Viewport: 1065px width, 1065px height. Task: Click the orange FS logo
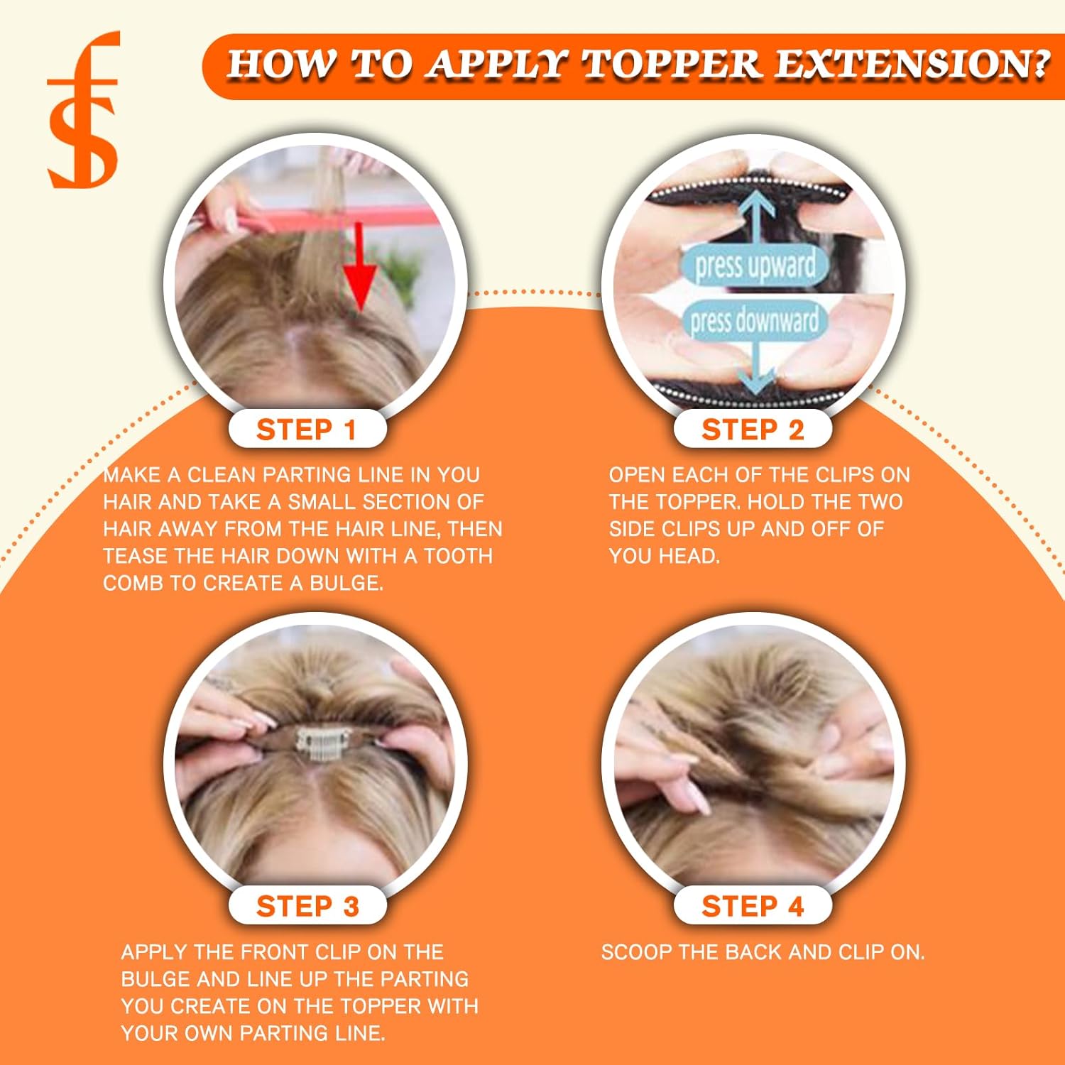point(83,110)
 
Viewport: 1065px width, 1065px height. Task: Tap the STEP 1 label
point(307,430)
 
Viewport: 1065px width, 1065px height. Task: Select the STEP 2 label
point(753,430)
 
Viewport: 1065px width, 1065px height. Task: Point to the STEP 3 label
point(307,907)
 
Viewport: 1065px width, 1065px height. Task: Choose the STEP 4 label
point(753,907)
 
